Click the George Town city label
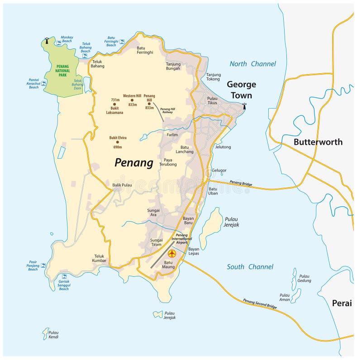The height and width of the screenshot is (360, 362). pos(241,90)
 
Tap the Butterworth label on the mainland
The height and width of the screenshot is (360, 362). pos(318,142)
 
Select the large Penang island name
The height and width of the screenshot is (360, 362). pos(133,163)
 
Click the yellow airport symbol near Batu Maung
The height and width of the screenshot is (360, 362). pos(171,254)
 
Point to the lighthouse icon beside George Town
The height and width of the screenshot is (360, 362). pos(245,106)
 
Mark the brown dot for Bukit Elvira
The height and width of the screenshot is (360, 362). pos(117,142)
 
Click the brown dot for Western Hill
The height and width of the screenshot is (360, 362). pos(132,100)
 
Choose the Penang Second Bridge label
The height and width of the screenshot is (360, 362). pos(260,307)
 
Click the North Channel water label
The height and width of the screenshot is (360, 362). pos(252,64)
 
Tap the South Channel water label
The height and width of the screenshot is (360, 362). pos(250,267)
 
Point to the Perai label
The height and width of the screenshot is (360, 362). pos(342,303)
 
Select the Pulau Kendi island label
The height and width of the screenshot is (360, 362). pos(53,335)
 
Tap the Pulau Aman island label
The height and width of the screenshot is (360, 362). pos(285,297)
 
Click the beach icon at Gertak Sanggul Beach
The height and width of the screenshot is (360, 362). pos(64,276)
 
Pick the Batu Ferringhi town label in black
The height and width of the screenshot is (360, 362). pos(145,50)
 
